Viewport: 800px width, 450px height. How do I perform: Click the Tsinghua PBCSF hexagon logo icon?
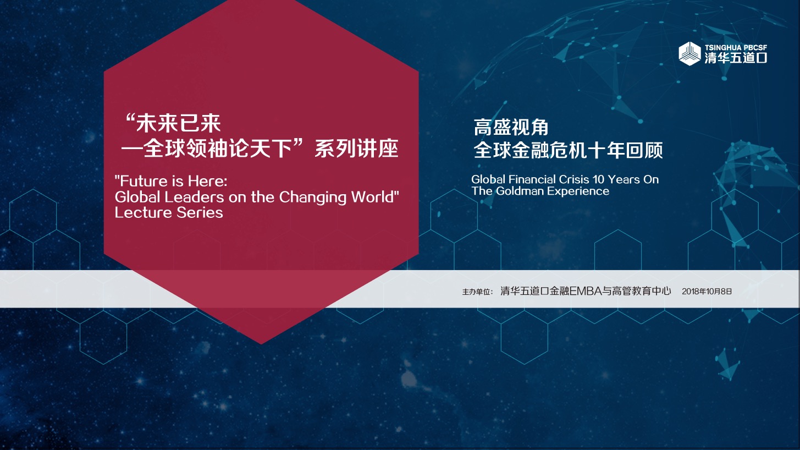[x=689, y=53]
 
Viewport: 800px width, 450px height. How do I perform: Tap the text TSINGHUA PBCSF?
[x=736, y=47]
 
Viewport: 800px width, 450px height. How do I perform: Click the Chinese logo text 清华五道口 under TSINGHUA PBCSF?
[x=736, y=58]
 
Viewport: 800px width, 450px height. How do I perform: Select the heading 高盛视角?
[x=511, y=128]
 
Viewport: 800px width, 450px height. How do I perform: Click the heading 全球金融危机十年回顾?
[x=568, y=150]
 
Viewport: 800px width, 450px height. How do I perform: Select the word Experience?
[x=578, y=191]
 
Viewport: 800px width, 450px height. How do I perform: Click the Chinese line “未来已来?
[x=174, y=123]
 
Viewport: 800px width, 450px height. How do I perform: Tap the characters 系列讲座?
[x=356, y=149]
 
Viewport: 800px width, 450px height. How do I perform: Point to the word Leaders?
[x=194, y=197]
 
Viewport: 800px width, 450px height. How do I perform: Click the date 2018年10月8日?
[x=707, y=292]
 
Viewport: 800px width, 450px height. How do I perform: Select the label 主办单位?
[x=477, y=292]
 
